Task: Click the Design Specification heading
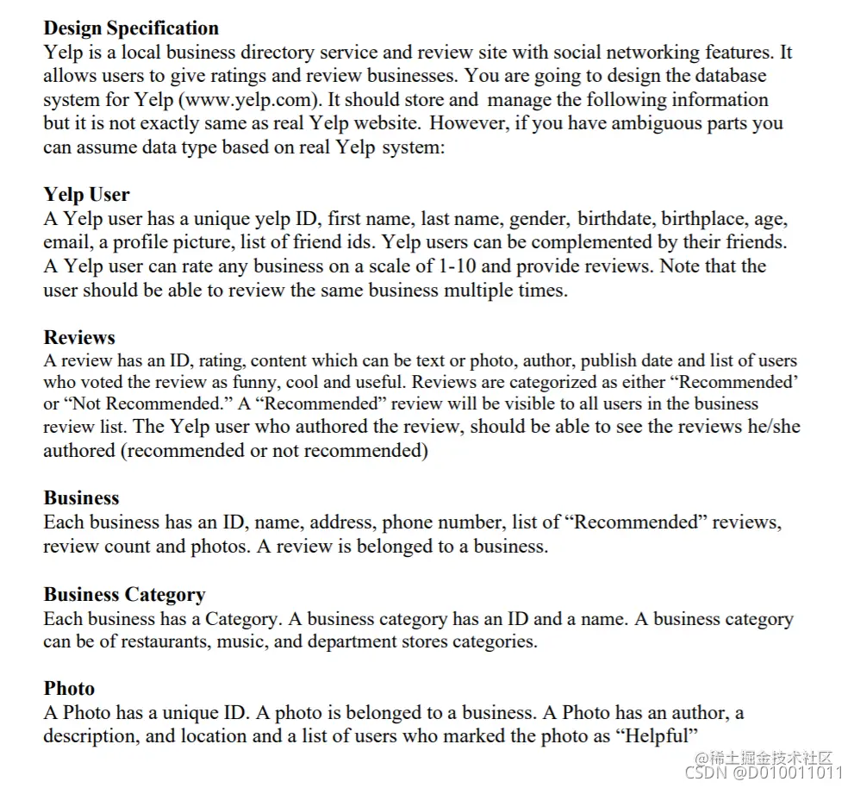point(131,28)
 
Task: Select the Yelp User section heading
point(86,195)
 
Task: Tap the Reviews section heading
point(79,338)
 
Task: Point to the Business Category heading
point(124,595)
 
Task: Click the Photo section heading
point(69,689)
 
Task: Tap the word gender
point(538,219)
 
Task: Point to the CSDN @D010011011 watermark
point(763,773)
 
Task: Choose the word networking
point(638,53)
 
